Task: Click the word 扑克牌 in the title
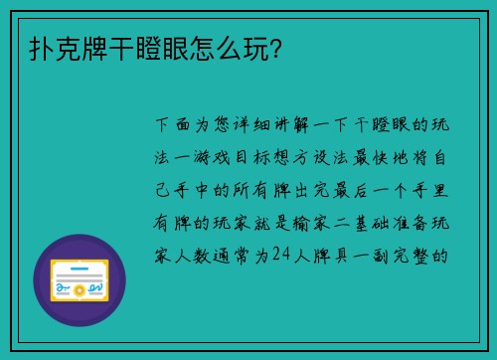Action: pyautogui.click(x=61, y=48)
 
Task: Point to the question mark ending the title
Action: pyautogui.click(x=271, y=48)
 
